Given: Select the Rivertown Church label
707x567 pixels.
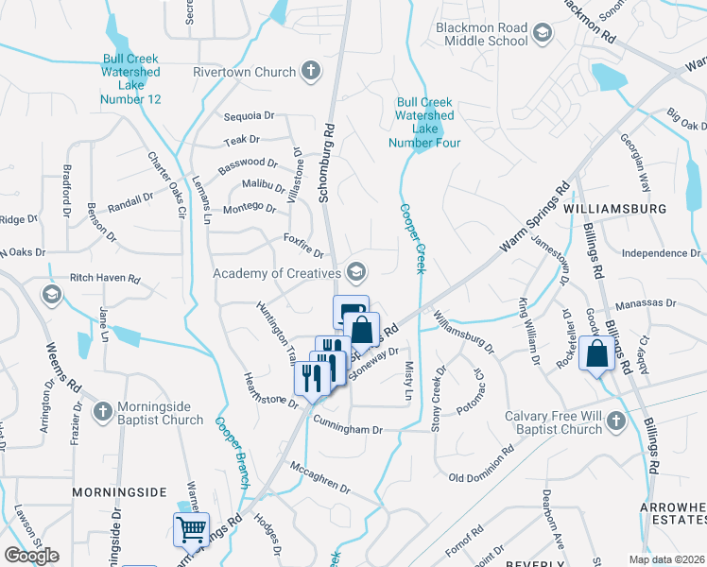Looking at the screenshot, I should click(x=245, y=71).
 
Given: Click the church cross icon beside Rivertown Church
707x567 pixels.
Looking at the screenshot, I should click(x=310, y=70).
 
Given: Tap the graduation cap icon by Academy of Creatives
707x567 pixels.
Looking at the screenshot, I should click(x=355, y=273).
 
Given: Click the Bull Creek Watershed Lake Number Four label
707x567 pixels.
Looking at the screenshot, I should click(x=424, y=122).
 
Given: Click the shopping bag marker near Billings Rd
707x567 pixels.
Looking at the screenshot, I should click(x=598, y=354).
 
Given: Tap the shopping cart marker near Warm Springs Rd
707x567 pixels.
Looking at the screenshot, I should click(x=190, y=530).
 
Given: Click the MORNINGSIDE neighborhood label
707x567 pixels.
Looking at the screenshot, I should click(x=120, y=492).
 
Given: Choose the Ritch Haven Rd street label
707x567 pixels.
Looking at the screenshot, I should click(x=105, y=280).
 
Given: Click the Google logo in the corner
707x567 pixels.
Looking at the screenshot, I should click(x=32, y=555).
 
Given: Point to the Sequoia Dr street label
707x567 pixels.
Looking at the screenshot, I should click(x=250, y=116).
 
